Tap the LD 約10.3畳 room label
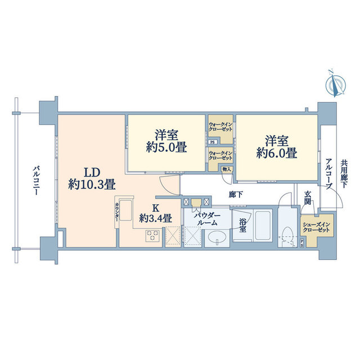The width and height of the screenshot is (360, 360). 92,178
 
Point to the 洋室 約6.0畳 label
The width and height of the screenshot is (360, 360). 277,146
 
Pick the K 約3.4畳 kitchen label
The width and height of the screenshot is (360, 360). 156,213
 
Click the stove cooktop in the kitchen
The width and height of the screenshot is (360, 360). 153,236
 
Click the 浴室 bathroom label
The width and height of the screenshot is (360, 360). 242,226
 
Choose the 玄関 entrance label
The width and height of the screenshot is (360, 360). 308,198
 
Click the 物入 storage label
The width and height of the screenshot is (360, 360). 226,169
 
